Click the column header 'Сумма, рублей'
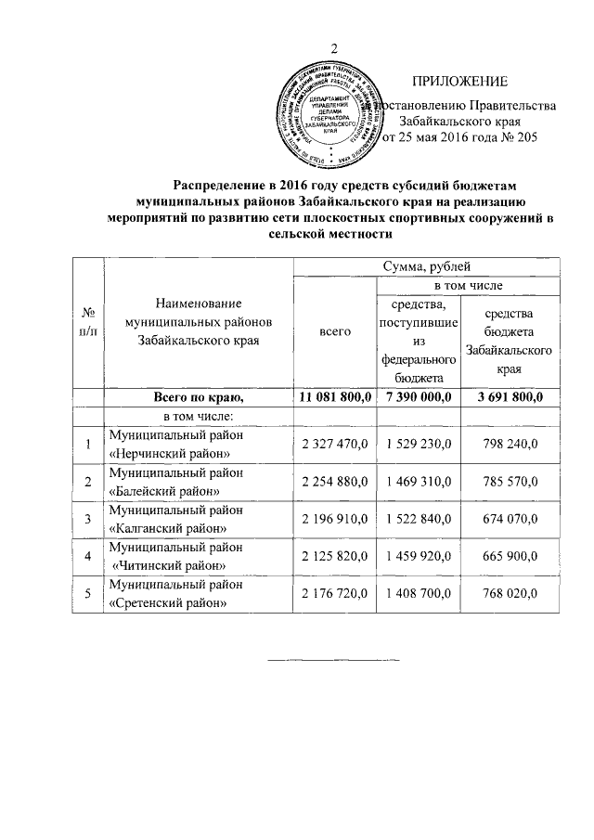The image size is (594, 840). (x=426, y=267)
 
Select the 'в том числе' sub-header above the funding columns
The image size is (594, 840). (x=467, y=285)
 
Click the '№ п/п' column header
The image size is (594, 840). (x=90, y=323)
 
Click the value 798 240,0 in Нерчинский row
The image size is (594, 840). (x=510, y=444)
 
